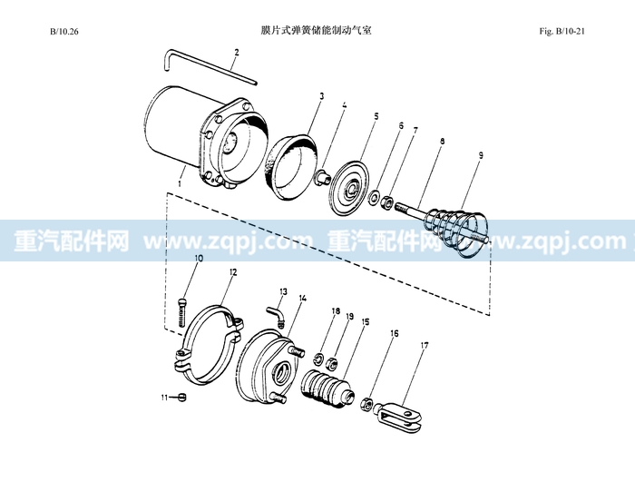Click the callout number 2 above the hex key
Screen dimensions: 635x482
tap(237, 53)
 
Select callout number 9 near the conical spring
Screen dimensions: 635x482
tap(480, 155)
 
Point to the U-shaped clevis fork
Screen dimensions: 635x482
tap(399, 417)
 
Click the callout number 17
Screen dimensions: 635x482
tap(424, 345)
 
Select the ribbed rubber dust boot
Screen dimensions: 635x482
tap(327, 387)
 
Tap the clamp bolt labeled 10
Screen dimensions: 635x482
tap(182, 312)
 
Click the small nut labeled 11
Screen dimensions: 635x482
tap(181, 398)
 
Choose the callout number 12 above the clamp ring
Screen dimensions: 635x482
tap(233, 272)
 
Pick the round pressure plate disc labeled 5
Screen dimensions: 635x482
tap(351, 190)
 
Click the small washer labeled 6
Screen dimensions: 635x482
tap(374, 198)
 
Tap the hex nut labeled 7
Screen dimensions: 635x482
tap(386, 202)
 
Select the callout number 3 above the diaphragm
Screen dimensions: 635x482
tap(321, 96)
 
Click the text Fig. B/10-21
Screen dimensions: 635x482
tap(562, 31)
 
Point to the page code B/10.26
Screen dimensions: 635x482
tap(64, 31)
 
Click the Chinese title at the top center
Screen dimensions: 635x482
tap(317, 30)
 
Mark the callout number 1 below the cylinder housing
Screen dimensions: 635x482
tap(180, 183)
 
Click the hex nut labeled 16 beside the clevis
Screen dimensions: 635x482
tap(366, 404)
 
